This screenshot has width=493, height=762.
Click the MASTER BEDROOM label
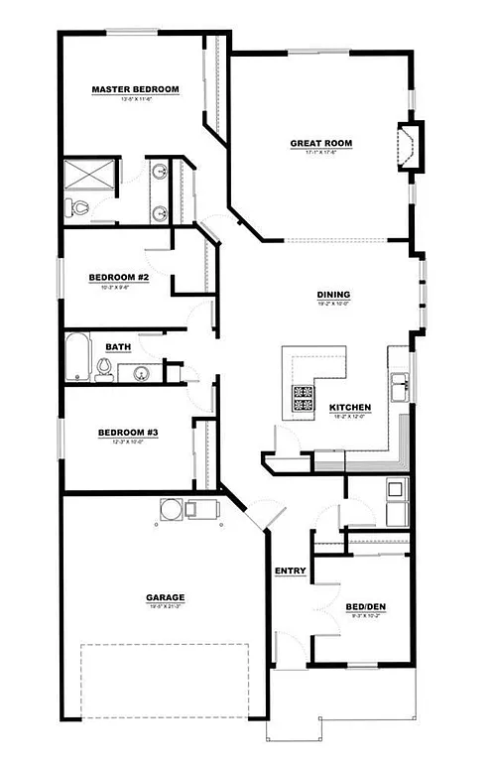135,89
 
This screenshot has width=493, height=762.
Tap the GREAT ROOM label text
320,143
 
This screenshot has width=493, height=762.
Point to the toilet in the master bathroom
78,208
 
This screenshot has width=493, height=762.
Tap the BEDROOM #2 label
118,277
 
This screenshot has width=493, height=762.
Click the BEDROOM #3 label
128,432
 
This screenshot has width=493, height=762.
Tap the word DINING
332,294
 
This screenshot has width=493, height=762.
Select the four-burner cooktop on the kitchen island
304,398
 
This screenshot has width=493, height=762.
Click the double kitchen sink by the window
400,384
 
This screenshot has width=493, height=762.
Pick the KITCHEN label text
350,407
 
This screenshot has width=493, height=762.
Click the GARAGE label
166,596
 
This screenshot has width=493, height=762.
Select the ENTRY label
291,571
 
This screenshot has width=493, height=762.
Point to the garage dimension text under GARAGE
166,606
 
